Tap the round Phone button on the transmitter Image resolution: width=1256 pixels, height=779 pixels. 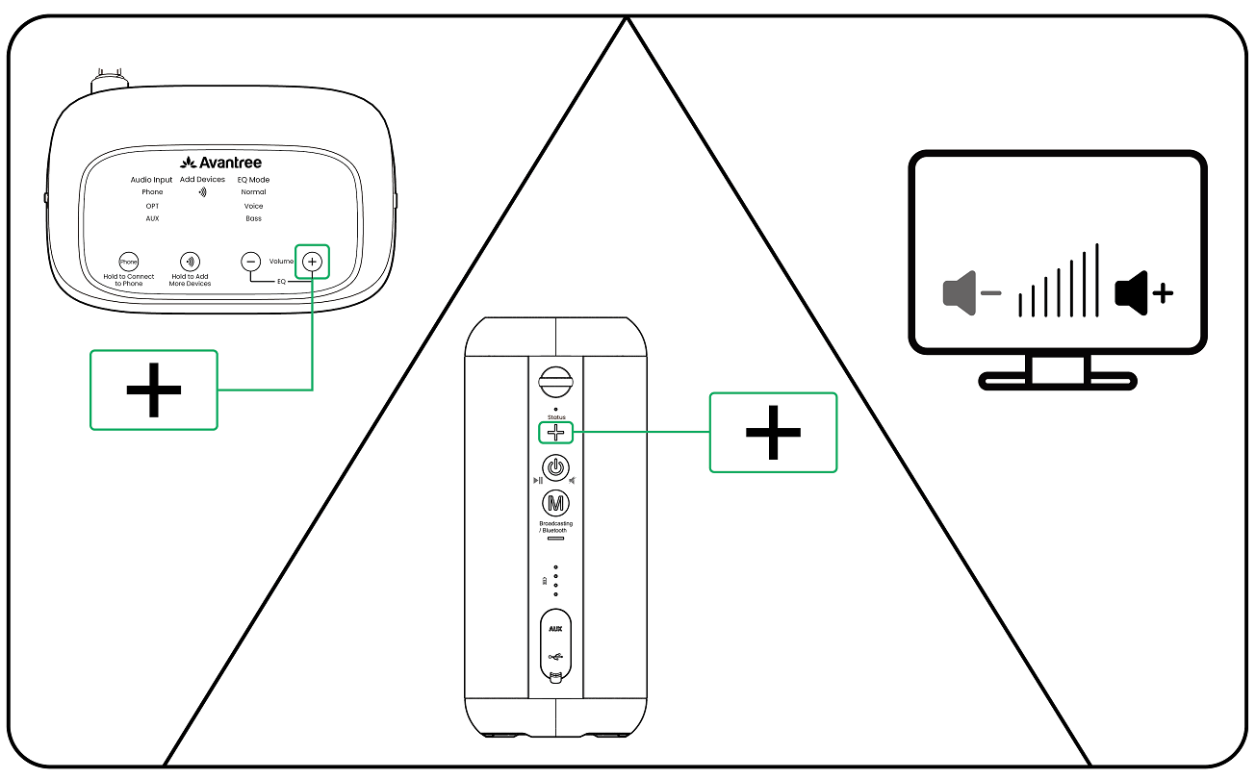point(128,262)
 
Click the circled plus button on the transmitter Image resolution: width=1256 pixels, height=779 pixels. point(312,261)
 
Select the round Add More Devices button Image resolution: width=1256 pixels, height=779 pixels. point(191,262)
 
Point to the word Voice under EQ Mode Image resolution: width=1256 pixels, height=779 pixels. point(253,206)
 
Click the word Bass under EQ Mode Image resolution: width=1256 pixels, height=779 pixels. point(253,218)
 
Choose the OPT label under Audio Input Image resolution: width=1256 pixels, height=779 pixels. point(152,206)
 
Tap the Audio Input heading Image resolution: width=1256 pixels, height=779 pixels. point(152,180)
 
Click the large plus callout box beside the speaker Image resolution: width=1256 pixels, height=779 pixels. point(773,432)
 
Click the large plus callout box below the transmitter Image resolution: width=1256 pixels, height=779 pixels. point(153,389)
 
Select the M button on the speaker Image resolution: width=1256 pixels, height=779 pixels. point(554,503)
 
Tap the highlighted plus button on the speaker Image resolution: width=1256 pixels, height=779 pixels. point(554,433)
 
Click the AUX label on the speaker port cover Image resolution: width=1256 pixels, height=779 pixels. point(554,630)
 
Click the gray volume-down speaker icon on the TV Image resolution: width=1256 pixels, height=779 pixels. point(959,292)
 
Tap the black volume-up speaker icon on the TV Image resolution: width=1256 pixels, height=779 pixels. point(1132,292)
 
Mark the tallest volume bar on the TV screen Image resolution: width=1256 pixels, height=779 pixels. point(1096,280)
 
